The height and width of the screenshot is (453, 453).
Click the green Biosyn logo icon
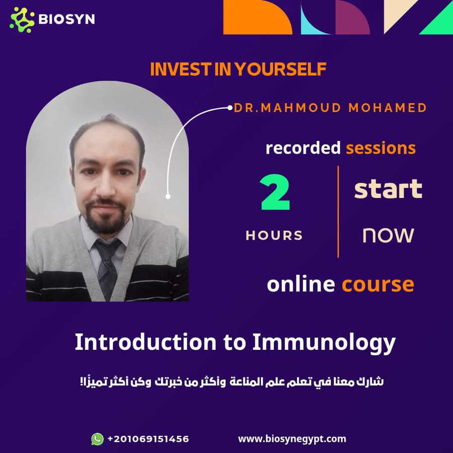point(22,20)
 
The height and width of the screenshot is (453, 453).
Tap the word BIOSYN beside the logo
point(66,19)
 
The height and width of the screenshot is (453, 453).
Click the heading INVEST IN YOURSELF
point(238,69)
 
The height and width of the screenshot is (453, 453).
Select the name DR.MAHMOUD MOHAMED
point(330,108)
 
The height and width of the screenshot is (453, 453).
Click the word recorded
point(303,148)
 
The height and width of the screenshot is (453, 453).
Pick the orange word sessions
point(381,148)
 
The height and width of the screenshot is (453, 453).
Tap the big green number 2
point(275,192)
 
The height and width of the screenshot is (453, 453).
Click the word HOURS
point(274,236)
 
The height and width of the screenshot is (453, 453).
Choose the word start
point(388,189)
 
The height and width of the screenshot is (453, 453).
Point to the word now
point(388,235)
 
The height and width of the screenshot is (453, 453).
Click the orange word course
point(378,285)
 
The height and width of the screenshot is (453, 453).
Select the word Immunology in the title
point(324,343)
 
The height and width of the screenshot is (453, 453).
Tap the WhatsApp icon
point(97,439)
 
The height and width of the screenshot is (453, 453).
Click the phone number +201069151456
point(148,439)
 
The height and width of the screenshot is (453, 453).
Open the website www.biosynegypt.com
point(292,439)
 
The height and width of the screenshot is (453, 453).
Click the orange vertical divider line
point(338,211)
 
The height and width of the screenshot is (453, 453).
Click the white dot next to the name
point(230,108)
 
